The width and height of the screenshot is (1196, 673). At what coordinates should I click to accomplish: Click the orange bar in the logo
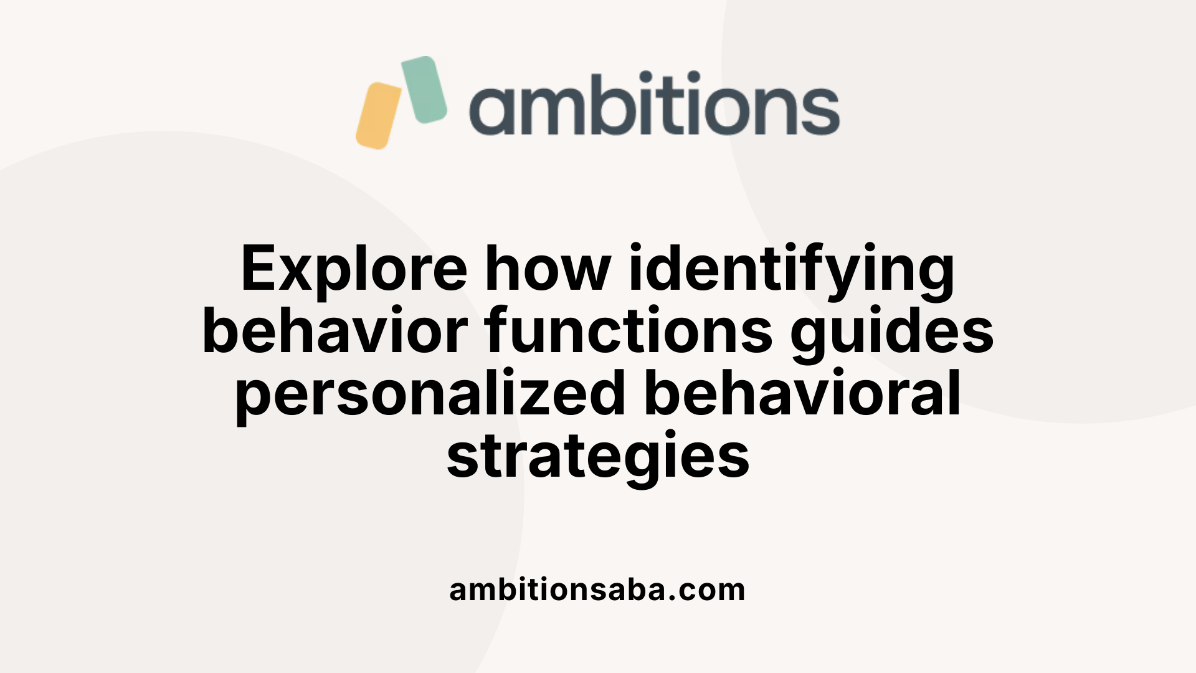click(x=378, y=116)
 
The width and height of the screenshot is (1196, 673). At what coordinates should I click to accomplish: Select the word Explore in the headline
click(x=354, y=269)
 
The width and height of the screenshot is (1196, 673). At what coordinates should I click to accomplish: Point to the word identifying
click(x=792, y=269)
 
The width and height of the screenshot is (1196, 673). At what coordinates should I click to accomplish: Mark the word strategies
click(x=598, y=457)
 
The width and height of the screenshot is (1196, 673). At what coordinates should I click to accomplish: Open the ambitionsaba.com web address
click(x=597, y=589)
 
